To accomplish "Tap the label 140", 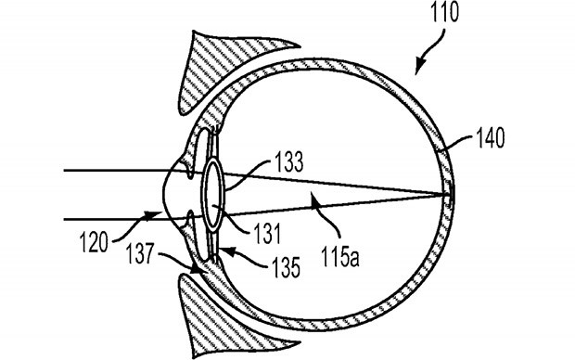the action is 490,141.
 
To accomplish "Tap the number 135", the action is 285,270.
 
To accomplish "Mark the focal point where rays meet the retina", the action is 446,193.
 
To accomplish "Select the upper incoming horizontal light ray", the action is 111,171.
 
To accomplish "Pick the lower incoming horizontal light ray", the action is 111,218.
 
